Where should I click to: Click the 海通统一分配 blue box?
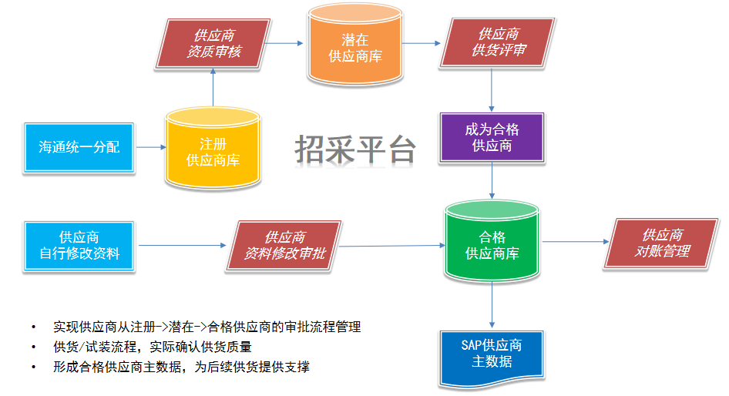[79, 146]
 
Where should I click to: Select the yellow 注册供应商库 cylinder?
[213, 151]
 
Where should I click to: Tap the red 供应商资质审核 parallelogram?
[215, 43]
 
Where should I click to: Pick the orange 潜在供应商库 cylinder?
[354, 48]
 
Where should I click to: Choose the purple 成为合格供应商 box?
[492, 137]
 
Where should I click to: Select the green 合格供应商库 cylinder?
[492, 245]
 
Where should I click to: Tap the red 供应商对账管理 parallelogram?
[662, 243]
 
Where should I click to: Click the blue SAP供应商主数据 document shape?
[492, 353]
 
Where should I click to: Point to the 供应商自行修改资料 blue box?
[79, 245]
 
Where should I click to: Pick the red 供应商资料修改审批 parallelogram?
[284, 245]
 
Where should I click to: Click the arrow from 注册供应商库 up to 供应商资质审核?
[213, 88]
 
